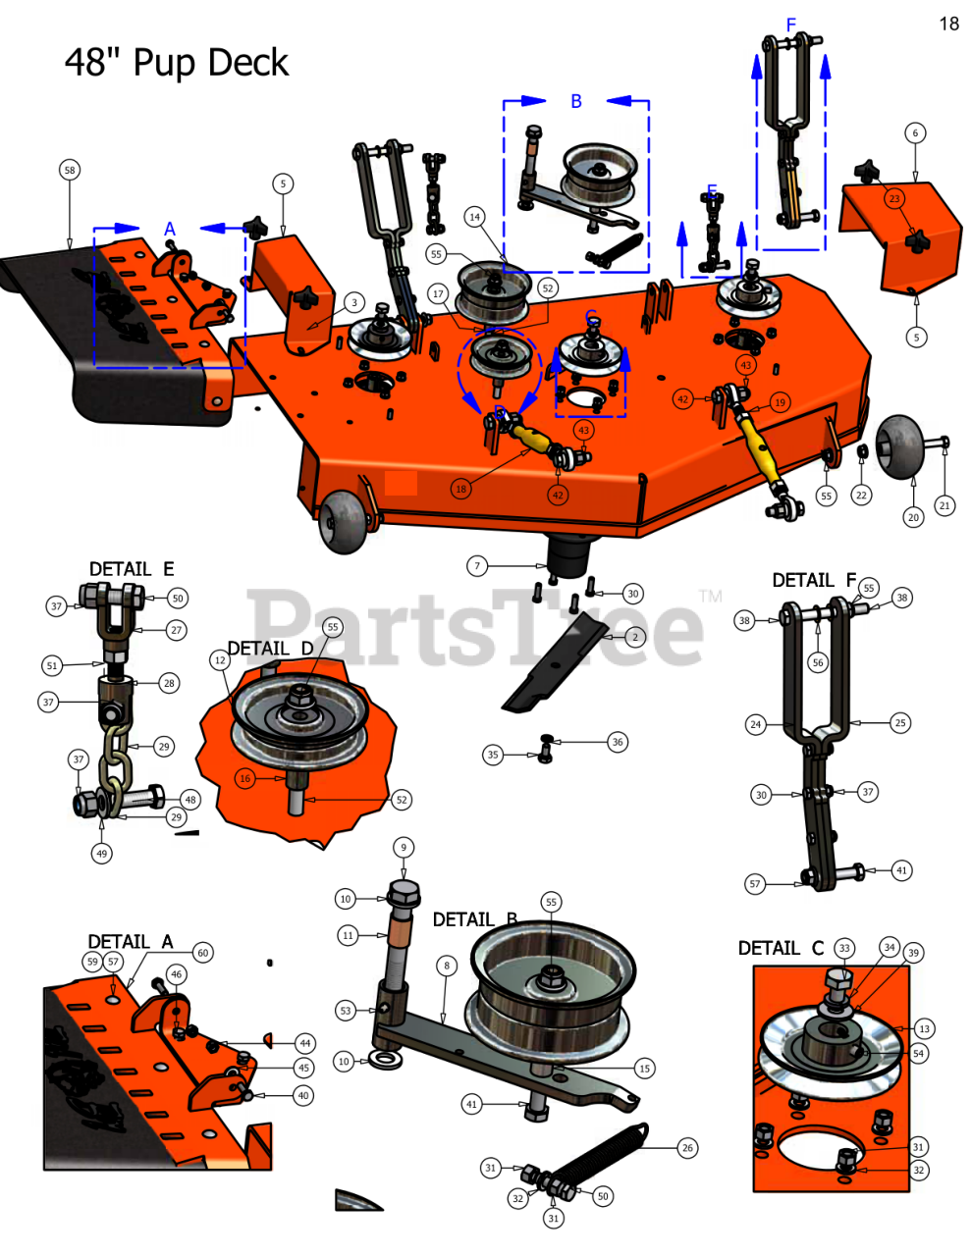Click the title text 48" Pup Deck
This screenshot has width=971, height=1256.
coord(177,63)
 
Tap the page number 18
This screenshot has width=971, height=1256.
coord(948,24)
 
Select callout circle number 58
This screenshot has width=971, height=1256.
coord(69,171)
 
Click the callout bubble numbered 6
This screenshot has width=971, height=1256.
coord(915,133)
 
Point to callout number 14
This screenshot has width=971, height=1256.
coord(475,217)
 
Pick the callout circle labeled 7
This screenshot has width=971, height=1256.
coord(477,565)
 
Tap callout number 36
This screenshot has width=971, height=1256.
coord(617,742)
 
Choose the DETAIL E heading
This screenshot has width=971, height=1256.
coord(132,569)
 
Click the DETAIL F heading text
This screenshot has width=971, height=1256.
coord(814,580)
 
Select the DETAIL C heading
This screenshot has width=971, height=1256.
coord(781,948)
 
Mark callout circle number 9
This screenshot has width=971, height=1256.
coord(403,848)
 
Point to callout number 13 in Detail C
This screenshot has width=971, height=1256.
coord(924,1028)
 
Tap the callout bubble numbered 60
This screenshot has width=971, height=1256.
coord(202,952)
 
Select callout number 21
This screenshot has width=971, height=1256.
coord(944,505)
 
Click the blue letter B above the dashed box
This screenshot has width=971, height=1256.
coord(576,101)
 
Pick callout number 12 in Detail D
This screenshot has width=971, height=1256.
coord(220,661)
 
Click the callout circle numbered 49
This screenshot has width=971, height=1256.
coord(102,854)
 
